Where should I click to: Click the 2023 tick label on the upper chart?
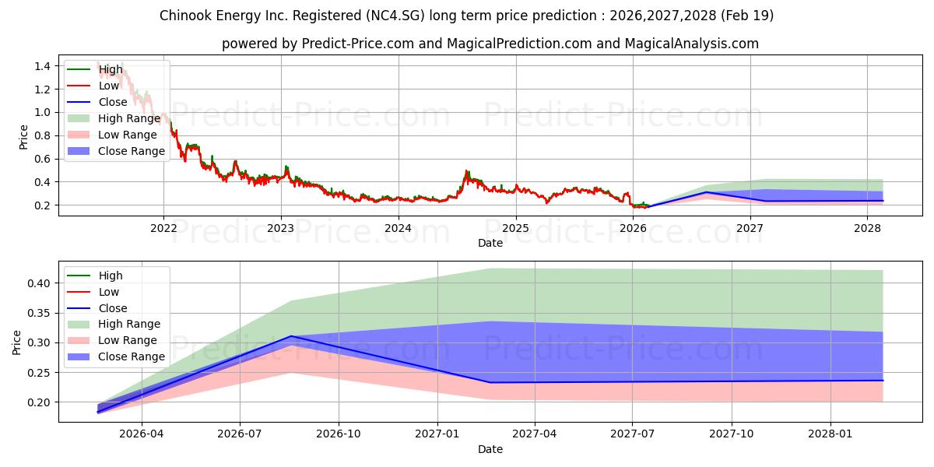[x=281, y=228]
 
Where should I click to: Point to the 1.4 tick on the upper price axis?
[x=43, y=66]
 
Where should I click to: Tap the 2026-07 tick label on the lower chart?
[x=240, y=434]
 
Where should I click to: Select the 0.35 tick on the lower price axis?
[x=38, y=313]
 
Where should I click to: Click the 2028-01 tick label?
[x=830, y=434]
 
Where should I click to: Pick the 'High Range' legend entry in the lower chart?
[x=114, y=324]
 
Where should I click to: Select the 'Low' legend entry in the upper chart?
[x=93, y=86]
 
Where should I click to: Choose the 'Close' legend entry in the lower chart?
[x=97, y=308]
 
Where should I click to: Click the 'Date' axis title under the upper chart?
[x=490, y=243]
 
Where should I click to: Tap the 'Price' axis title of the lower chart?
[x=16, y=342]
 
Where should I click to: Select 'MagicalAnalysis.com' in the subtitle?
[x=691, y=44]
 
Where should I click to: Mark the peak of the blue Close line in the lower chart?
[x=290, y=336]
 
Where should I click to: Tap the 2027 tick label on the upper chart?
[x=750, y=228]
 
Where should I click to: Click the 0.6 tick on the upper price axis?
[x=43, y=159]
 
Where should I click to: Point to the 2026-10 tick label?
[x=338, y=434]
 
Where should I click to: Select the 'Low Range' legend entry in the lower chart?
[x=112, y=340]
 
